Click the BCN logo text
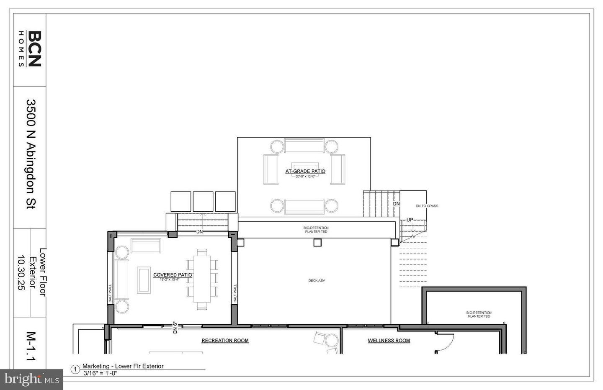click(x=34, y=49)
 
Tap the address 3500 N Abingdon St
click(x=31, y=154)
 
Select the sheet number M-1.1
click(x=31, y=346)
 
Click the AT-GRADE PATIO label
click(x=305, y=171)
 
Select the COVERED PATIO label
click(x=173, y=275)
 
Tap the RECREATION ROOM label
click(x=225, y=341)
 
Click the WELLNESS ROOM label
click(x=389, y=341)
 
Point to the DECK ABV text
click(x=317, y=281)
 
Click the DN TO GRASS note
click(x=427, y=206)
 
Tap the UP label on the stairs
click(x=410, y=220)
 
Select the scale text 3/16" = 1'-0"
click(x=100, y=373)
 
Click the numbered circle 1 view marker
click(x=75, y=369)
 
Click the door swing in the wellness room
click(x=445, y=341)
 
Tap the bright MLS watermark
click(x=31, y=380)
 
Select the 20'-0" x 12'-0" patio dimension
click(x=305, y=177)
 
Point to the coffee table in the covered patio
click(x=144, y=280)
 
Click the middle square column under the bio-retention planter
click(x=317, y=242)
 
